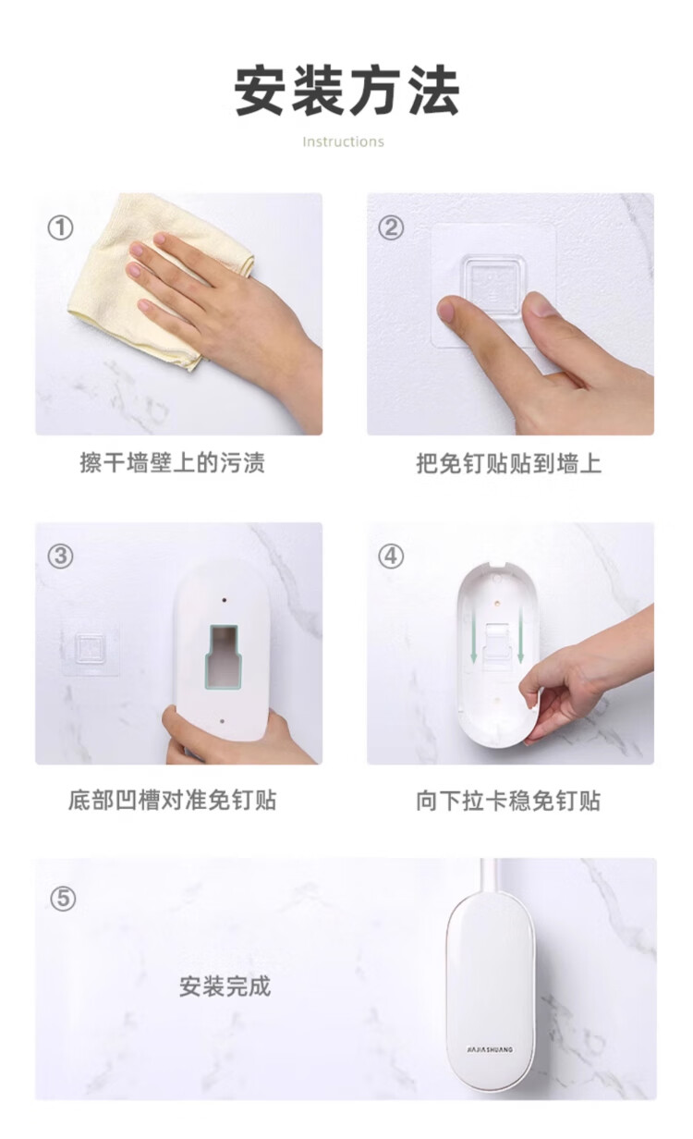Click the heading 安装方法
coord(347,91)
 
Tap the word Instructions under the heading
coord(344,141)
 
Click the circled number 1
coord(60,227)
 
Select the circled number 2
coord(391,227)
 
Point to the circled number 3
coord(60,557)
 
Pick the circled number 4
coord(391,557)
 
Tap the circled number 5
coord(63,899)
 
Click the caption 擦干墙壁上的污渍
coord(172,463)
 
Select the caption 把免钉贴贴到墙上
coord(508,463)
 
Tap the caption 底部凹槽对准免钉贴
coord(172,800)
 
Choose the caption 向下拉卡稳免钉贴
coord(508,801)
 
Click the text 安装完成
coord(225,986)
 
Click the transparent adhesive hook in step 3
coord(91,648)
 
